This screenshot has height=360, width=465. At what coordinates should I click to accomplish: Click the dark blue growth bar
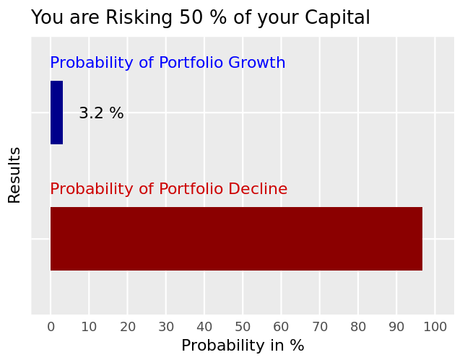[x=56, y=113]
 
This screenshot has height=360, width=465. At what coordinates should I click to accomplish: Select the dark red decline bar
[x=236, y=239]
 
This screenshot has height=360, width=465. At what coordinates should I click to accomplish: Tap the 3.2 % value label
[x=101, y=113]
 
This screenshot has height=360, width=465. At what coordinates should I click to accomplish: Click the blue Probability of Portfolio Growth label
[x=168, y=63]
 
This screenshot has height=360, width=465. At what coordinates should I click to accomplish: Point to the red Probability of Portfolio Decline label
[x=169, y=189]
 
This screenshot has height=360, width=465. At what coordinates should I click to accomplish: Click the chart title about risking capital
[x=201, y=17]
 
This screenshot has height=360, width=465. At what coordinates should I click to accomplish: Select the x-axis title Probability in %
[x=243, y=346]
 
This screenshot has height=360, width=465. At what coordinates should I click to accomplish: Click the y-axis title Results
[x=14, y=175]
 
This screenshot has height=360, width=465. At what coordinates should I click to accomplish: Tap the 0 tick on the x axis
[x=51, y=327]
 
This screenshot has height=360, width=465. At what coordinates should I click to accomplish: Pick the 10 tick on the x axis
[x=89, y=327]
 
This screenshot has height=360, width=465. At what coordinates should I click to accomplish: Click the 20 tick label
[x=128, y=327]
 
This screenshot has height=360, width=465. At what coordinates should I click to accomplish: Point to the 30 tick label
[x=166, y=327]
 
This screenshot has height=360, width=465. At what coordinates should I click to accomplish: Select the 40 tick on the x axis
[x=204, y=327]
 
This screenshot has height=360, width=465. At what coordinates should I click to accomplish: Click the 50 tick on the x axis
[x=243, y=327]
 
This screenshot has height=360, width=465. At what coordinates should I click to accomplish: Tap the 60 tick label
[x=281, y=327]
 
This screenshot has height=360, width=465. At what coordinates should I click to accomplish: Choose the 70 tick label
[x=320, y=327]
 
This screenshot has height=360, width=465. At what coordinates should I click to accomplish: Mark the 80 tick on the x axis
[x=358, y=327]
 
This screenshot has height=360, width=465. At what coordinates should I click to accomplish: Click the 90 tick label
[x=396, y=327]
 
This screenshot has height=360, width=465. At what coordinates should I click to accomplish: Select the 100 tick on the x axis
[x=435, y=327]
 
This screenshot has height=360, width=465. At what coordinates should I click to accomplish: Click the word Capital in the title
[x=337, y=17]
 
